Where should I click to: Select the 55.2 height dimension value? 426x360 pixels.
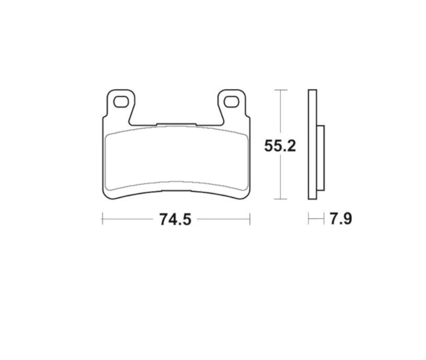tap(280, 145)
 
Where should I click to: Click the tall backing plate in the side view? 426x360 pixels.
tap(312, 145)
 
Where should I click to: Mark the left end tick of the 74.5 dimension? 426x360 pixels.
tap(102, 219)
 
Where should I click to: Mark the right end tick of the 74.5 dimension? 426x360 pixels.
tap(250, 219)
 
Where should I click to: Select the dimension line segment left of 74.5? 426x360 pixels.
tap(128, 219)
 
